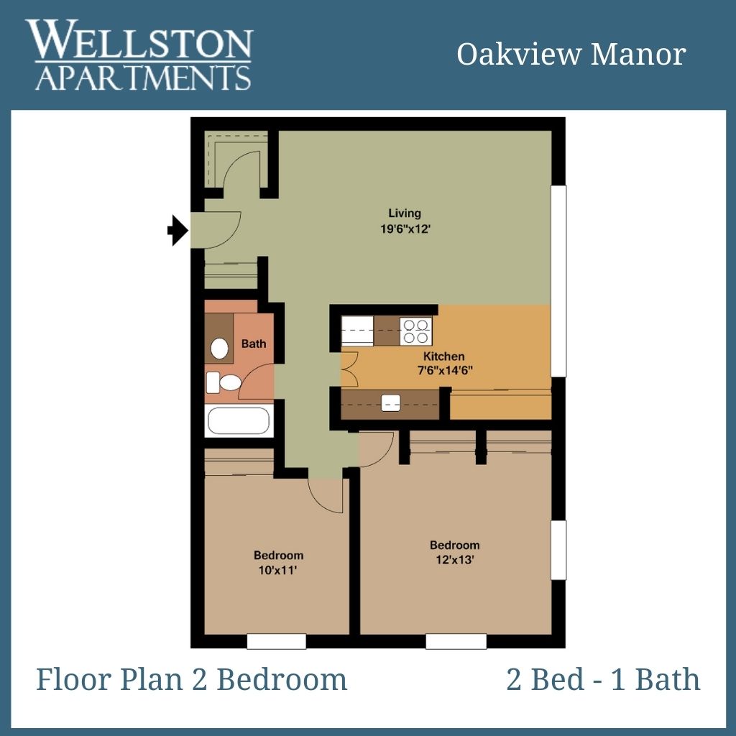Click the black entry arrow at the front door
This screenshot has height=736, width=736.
[x=178, y=231]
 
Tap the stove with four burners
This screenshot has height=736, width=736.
[x=416, y=331]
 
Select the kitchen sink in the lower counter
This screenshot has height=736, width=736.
[x=390, y=402]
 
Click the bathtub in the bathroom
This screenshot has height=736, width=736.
[x=239, y=420]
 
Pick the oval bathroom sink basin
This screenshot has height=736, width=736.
[x=219, y=349]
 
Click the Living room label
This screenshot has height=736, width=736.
[x=405, y=213]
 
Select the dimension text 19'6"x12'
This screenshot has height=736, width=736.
[x=405, y=229]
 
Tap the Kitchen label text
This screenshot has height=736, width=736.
[x=444, y=356]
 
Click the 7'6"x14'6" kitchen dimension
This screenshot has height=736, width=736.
[x=444, y=370]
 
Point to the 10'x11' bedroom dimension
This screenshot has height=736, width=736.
[x=278, y=570]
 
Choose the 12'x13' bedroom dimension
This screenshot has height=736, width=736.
[x=455, y=560]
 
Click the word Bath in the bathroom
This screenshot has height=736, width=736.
[x=254, y=344]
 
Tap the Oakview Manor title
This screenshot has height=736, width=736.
[x=571, y=55]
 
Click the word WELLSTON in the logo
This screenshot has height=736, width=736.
[x=139, y=40]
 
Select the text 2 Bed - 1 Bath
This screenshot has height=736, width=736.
[x=603, y=679]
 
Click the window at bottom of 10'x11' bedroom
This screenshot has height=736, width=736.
[x=277, y=641]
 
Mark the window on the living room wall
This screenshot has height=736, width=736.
[x=558, y=281]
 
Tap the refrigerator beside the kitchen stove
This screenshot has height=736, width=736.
[x=357, y=331]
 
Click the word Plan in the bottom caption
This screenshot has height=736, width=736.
[x=151, y=679]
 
